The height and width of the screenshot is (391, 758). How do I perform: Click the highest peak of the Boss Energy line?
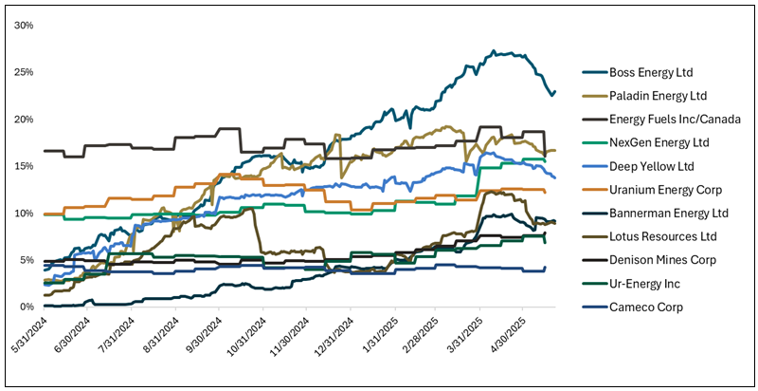click(x=495, y=51)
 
